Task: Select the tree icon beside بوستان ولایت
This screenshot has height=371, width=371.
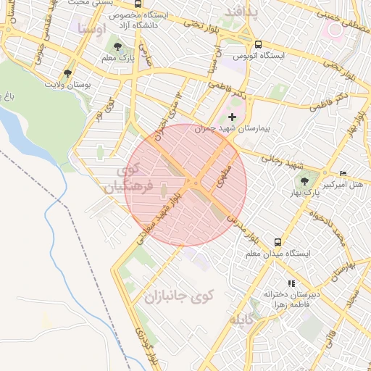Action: tap(67, 73)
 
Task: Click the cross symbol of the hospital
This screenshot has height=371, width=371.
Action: tap(232, 116)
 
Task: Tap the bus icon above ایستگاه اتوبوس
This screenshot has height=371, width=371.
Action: tap(259, 43)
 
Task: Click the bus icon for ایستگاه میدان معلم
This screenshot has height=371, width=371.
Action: tap(278, 242)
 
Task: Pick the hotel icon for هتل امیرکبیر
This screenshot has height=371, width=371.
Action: tap(343, 173)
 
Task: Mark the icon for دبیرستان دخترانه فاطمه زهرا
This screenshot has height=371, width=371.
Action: tap(291, 283)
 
